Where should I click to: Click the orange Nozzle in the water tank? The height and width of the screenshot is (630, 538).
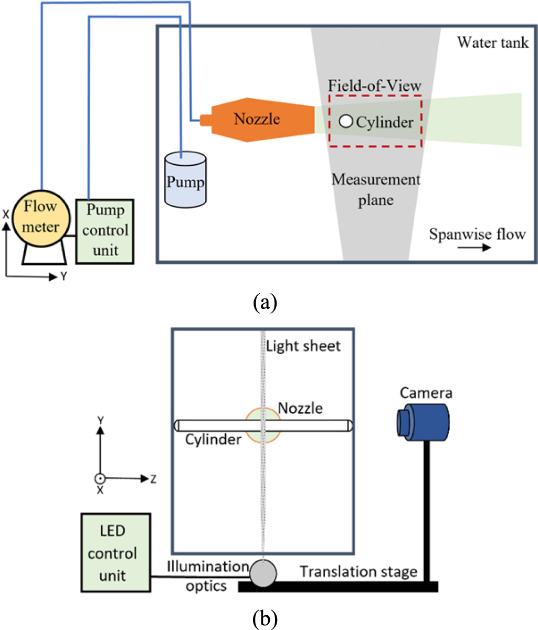[x=257, y=119]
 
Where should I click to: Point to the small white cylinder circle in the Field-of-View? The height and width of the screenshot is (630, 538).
[x=345, y=122]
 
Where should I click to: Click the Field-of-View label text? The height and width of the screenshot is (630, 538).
[x=375, y=86]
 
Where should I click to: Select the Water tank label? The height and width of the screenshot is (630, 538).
[x=492, y=42]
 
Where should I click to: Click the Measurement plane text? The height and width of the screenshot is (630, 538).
[x=376, y=189]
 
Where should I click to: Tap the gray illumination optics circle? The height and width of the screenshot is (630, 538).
[x=262, y=573]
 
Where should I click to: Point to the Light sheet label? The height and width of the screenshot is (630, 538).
[x=303, y=346]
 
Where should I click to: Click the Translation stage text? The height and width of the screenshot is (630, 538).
[x=358, y=571]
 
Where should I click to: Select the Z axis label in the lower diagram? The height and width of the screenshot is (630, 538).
[x=153, y=479]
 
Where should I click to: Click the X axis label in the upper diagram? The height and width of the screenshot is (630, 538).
[x=6, y=214]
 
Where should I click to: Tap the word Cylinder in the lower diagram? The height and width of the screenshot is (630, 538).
[x=213, y=439]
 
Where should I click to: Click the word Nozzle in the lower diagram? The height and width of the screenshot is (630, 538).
[x=300, y=408]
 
